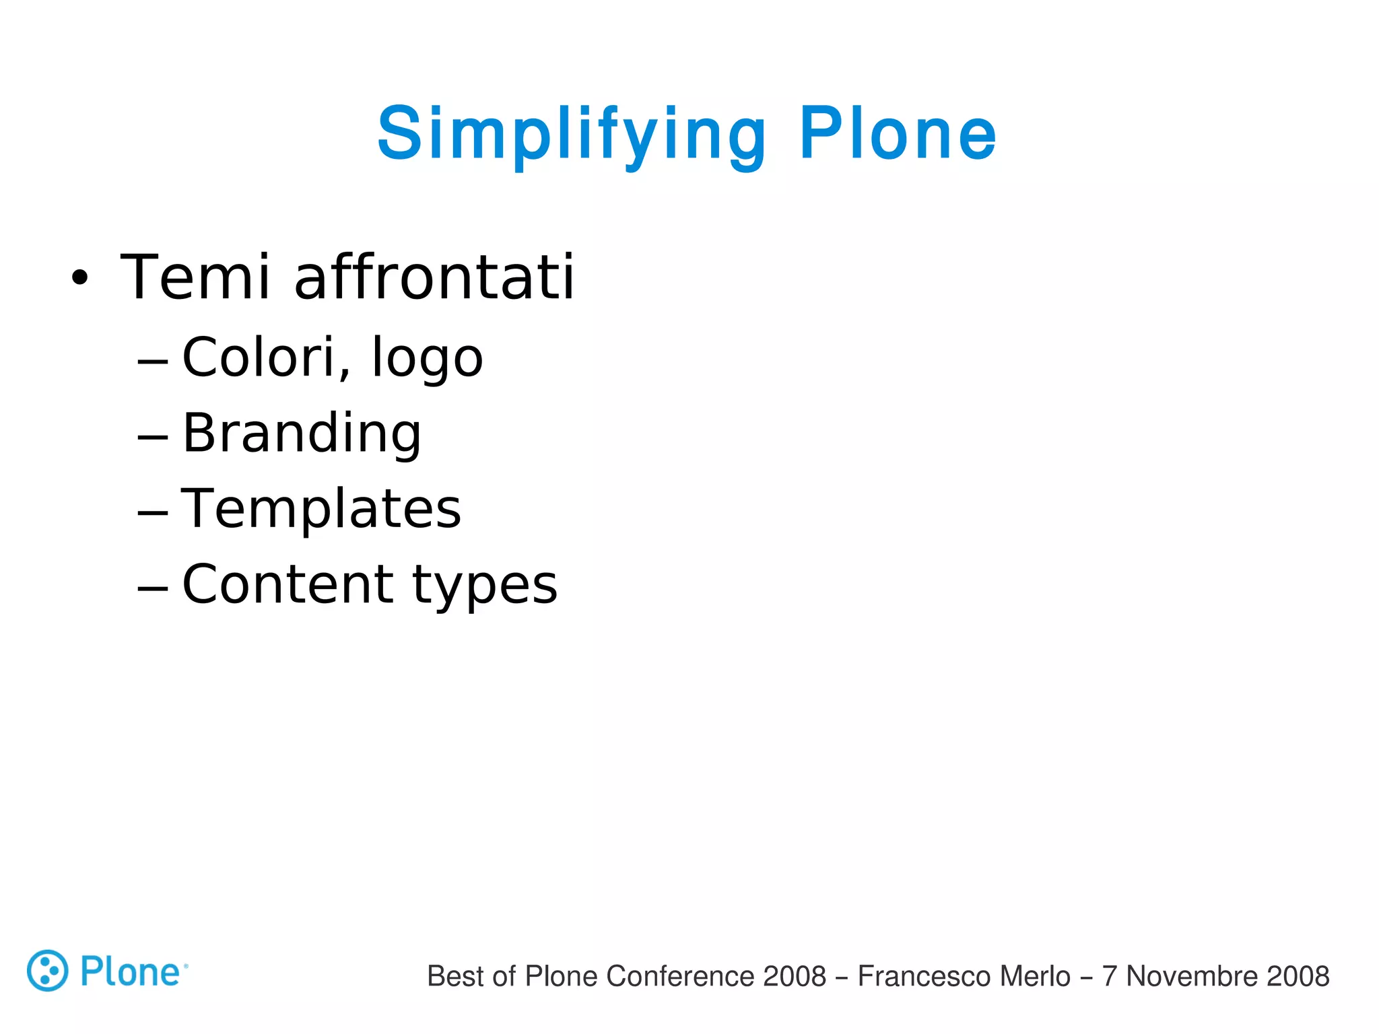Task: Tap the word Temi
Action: (195, 277)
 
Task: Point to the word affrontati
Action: (434, 277)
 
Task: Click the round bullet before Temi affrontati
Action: (79, 278)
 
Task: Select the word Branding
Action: (302, 434)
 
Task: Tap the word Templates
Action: (321, 510)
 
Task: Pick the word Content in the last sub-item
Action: (288, 584)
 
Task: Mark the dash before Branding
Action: (152, 438)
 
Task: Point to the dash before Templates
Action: (152, 514)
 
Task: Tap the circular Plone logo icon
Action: (47, 971)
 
